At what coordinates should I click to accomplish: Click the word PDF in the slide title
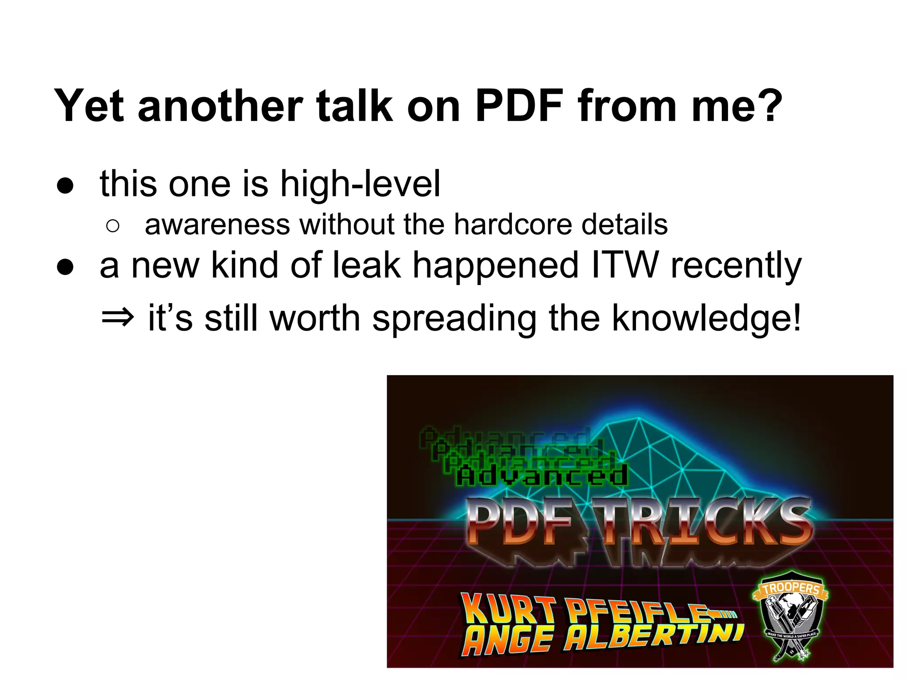point(519,106)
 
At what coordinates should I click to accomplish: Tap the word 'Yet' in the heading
point(89,106)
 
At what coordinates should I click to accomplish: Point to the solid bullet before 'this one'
point(65,186)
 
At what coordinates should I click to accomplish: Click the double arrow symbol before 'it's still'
point(117,318)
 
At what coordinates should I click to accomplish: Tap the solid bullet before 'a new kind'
point(65,267)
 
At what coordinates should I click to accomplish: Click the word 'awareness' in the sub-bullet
point(217,224)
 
